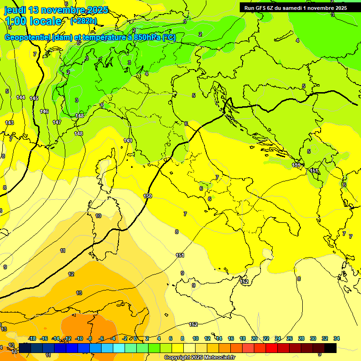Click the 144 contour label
click(21, 97)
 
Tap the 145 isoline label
click(34, 98)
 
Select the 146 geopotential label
click(44, 111)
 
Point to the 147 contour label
click(57, 122)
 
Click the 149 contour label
click(128, 141)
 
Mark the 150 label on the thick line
click(148, 196)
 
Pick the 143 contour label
click(9, 123)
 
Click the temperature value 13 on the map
click(79, 293)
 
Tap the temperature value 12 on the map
click(71, 274)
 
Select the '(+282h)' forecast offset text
click(84, 21)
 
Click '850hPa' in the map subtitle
click(144, 38)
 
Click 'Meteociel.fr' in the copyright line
click(217, 357)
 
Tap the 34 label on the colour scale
click(336, 338)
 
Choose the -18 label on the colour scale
click(32, 338)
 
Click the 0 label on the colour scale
click(135, 338)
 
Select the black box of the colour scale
click(330, 348)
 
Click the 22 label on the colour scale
click(266, 338)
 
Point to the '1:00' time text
click(16, 21)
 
